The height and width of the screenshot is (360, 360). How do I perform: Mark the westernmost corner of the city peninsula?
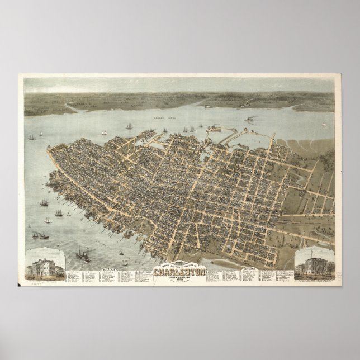tap(49, 149)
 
